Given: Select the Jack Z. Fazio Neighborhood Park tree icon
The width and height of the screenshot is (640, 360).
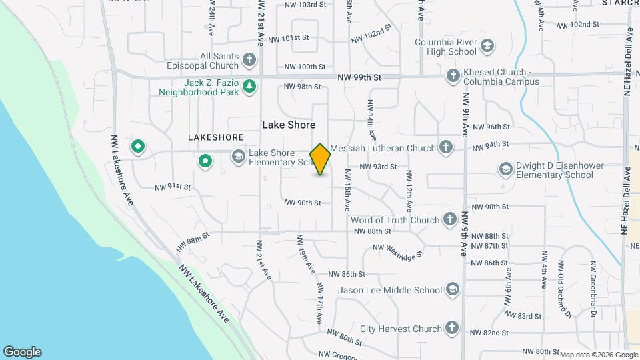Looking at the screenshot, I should pos(249,87).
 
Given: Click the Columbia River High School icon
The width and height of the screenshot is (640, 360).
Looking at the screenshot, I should pos(487,45).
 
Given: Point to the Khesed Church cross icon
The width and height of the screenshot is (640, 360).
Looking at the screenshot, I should pos(453,76).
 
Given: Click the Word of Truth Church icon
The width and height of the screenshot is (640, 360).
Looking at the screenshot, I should pos(450,219).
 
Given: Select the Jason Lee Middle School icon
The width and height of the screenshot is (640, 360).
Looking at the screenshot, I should pos(453,289).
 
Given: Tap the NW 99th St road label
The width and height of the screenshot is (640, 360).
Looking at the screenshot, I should pos(359,77).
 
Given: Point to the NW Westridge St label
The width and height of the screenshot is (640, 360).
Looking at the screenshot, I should pos(399,251).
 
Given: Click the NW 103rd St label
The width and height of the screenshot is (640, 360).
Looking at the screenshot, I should pos(305,5).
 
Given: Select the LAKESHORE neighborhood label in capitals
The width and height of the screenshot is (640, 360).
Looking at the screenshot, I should pos(215,137).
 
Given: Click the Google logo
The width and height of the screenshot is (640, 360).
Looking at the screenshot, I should pos(21,352).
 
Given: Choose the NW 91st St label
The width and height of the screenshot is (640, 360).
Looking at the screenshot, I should pos(173,187).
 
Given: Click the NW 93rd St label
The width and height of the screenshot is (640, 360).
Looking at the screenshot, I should pos(378,167).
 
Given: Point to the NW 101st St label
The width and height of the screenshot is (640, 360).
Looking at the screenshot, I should pos(289,39).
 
